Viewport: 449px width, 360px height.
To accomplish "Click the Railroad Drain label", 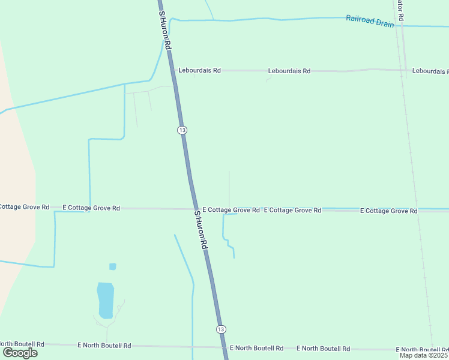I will [370, 21].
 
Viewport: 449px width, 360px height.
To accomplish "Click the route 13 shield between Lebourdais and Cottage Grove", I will [182, 130].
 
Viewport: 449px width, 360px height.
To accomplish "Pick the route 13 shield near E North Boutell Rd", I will [221, 329].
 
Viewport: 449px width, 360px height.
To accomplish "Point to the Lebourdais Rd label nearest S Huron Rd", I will [200, 70].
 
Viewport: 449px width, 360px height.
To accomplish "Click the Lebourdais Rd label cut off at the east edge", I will [430, 71].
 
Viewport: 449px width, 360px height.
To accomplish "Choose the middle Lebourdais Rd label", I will [289, 71].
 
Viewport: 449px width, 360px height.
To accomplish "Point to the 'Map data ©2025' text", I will [423, 355].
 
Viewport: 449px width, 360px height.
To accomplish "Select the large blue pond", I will [105, 300].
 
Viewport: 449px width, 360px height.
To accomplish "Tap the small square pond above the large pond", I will [113, 266].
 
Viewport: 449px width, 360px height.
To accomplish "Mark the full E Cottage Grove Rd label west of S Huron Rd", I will [91, 208].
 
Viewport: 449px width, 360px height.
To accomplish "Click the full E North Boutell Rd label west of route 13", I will [104, 346].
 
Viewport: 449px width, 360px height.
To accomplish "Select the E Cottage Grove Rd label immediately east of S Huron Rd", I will [231, 210].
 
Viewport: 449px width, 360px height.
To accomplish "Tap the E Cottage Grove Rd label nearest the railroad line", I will [388, 211].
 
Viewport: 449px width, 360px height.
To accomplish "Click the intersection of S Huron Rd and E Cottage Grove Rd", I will [194, 209].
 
